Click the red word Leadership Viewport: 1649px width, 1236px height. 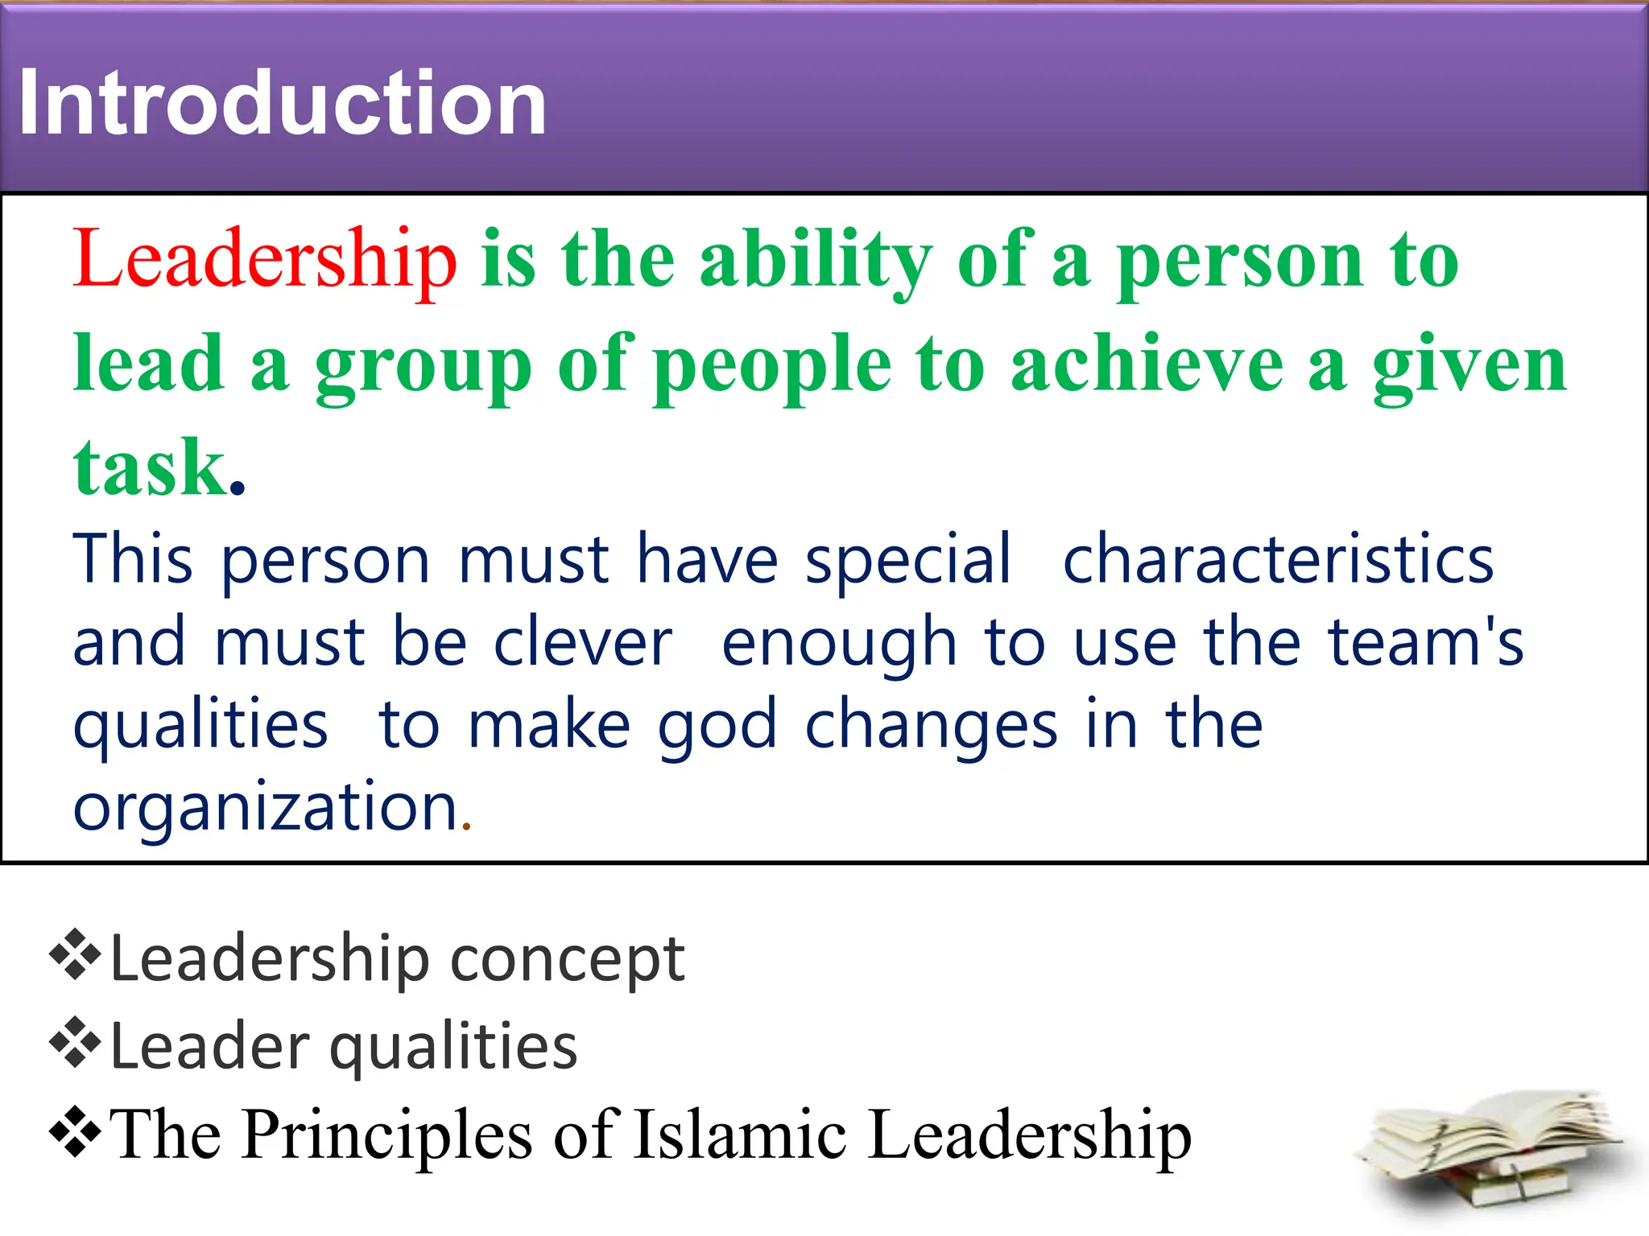point(265,259)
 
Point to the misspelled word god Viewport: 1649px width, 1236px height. point(717,725)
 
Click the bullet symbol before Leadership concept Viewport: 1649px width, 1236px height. point(75,954)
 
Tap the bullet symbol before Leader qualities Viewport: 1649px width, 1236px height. point(75,1042)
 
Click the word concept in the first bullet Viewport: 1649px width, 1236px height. point(568,959)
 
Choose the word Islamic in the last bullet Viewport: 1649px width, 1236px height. point(740,1135)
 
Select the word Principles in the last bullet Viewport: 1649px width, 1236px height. point(386,1135)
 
